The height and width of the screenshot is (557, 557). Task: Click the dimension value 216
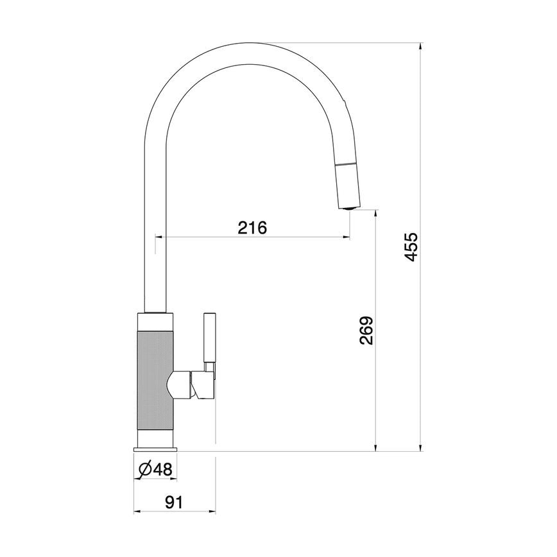(x=252, y=227)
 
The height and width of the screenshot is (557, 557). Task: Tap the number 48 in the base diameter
(x=162, y=470)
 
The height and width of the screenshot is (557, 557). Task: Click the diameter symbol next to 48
(x=144, y=470)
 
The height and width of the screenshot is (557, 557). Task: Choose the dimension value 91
(x=173, y=502)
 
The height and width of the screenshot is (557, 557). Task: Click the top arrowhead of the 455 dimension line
(x=421, y=46)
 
